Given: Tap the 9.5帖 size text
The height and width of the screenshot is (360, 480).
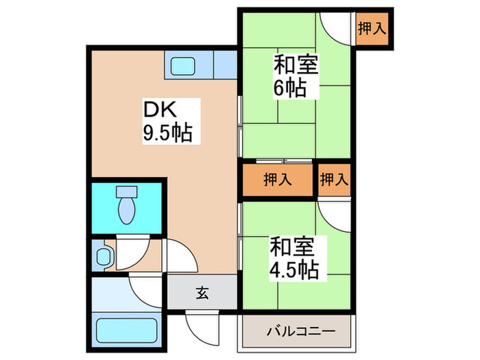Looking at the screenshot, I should (167, 132).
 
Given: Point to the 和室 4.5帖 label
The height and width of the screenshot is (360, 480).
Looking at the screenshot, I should (293, 256).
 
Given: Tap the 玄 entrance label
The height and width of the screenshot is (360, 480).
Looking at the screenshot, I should (203, 293).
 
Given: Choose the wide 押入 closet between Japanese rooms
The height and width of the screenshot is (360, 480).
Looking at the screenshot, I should (278, 180).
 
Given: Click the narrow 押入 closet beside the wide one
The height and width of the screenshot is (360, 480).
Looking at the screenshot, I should (335, 180).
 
